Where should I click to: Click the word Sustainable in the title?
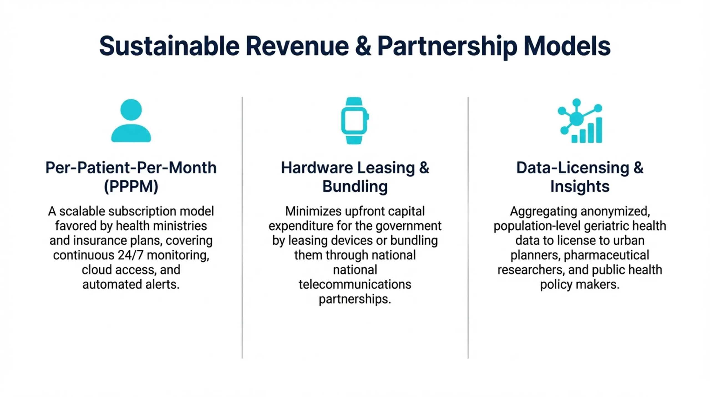click(x=169, y=46)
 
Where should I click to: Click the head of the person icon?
click(x=131, y=109)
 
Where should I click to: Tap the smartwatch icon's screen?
click(x=354, y=121)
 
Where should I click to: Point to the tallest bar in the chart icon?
click(x=599, y=130)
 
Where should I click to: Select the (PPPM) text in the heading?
click(x=131, y=186)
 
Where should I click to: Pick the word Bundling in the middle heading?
click(x=355, y=186)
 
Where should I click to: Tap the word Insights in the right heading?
click(x=580, y=186)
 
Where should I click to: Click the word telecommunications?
click(x=355, y=284)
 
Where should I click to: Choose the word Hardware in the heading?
click(x=317, y=168)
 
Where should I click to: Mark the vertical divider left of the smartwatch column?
click(x=242, y=228)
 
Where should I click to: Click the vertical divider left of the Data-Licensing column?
click(x=468, y=228)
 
